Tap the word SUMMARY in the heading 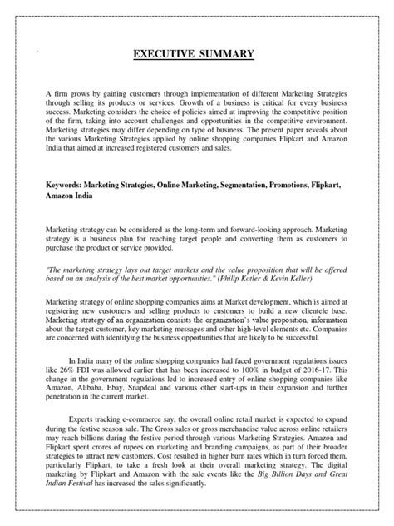pos(230,56)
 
